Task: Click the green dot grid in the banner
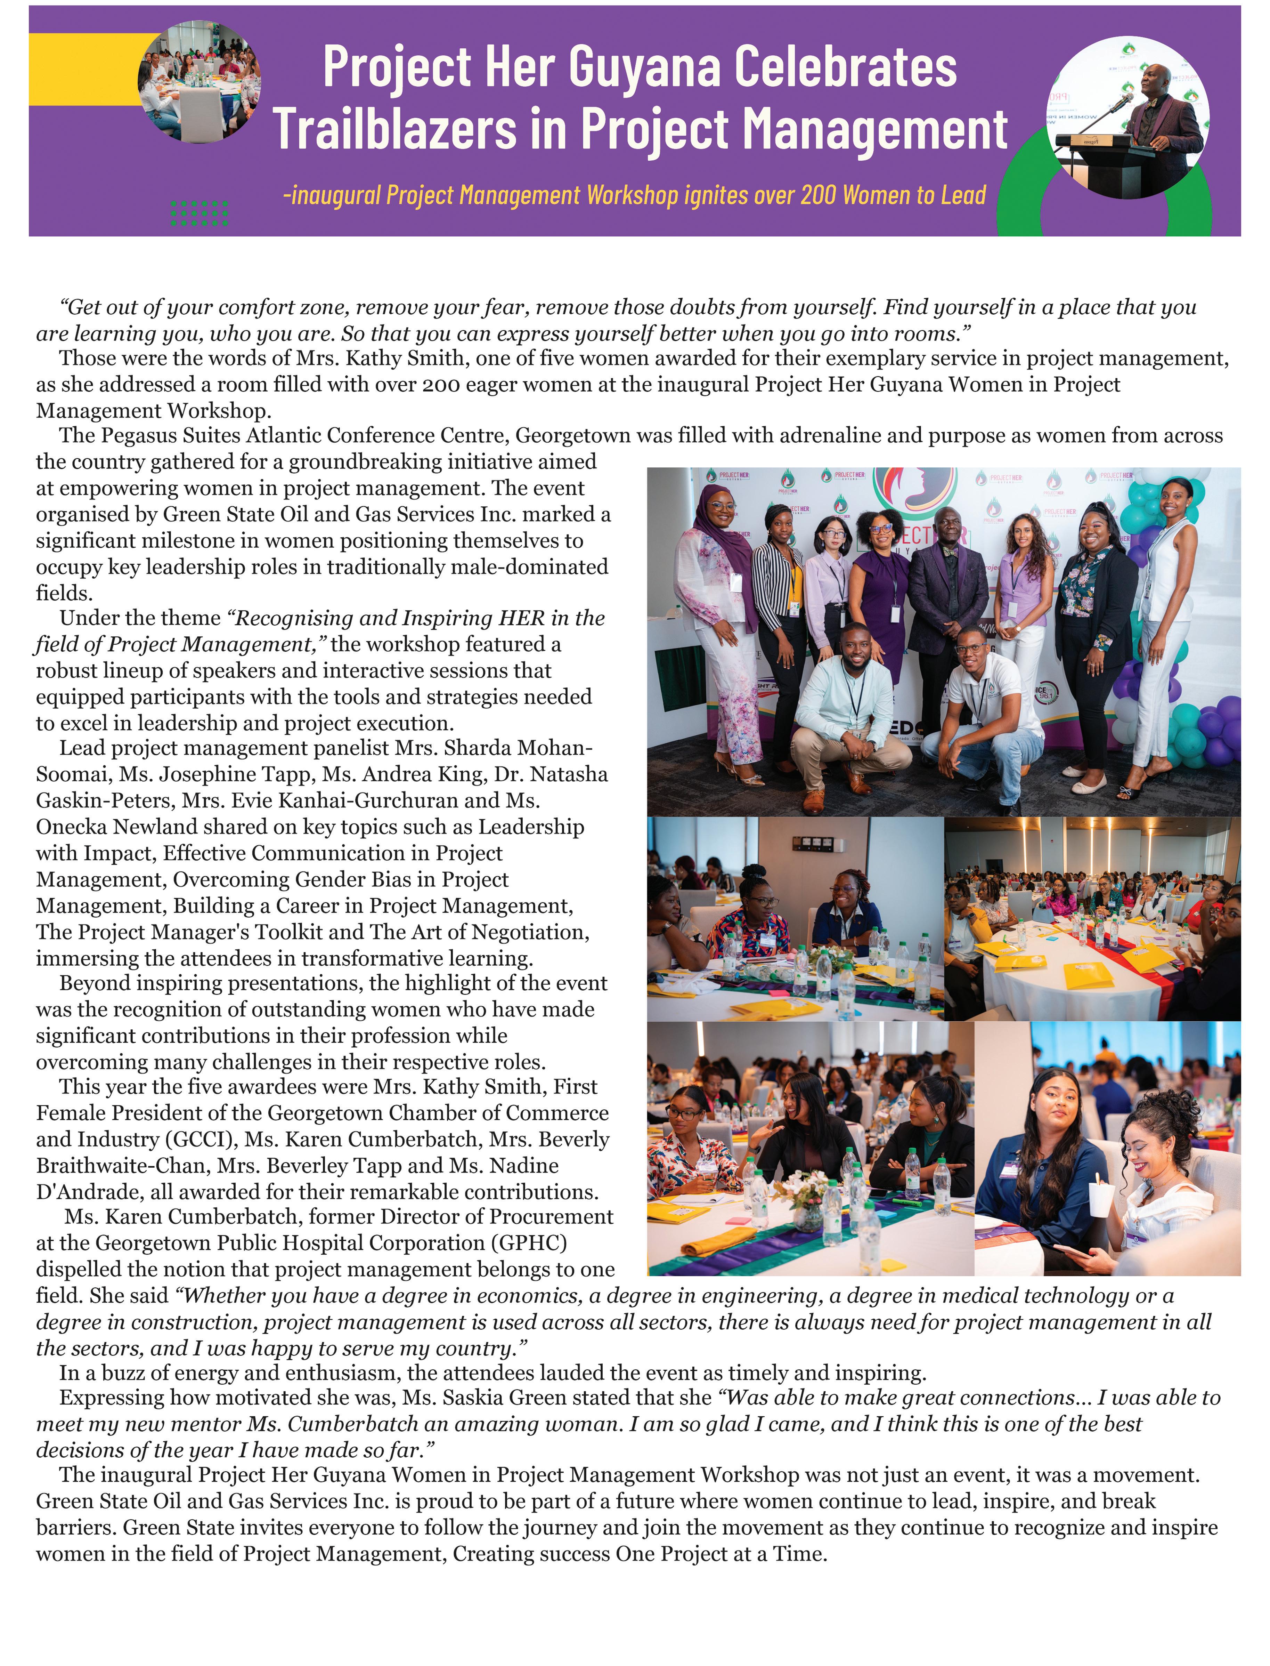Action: [x=200, y=213]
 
